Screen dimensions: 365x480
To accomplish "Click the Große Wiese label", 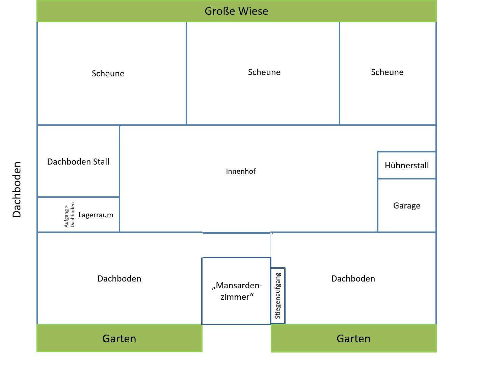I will [x=236, y=11].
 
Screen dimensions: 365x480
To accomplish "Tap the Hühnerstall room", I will [x=406, y=165].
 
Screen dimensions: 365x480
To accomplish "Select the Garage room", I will [x=406, y=205].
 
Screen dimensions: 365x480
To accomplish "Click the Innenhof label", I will [x=241, y=171].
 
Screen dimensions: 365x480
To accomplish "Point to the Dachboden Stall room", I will [x=78, y=162].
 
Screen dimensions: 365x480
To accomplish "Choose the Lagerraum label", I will [x=96, y=215].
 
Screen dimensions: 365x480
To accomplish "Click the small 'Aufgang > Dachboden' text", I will [x=69, y=215].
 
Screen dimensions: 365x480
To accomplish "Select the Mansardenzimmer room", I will [x=236, y=291].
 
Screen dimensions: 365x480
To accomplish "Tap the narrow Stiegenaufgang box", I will [x=278, y=296].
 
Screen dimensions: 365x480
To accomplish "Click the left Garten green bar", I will [x=119, y=338].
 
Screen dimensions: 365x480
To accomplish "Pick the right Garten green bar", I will [x=353, y=338].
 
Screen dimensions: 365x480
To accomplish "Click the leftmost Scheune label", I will [x=108, y=74].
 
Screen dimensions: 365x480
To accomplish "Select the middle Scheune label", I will [x=264, y=72].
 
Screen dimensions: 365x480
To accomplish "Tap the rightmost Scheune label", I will [x=387, y=72].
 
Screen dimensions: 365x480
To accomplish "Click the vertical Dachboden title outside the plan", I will [x=17, y=190].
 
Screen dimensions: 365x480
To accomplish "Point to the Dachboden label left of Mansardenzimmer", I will [x=119, y=278].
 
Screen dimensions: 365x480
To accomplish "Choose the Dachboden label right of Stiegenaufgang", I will [x=353, y=278].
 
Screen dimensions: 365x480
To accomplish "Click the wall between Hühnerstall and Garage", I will [x=406, y=178].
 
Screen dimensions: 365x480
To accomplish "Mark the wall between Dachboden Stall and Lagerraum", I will [x=78, y=197].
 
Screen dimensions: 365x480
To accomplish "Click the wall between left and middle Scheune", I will [x=186, y=74].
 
